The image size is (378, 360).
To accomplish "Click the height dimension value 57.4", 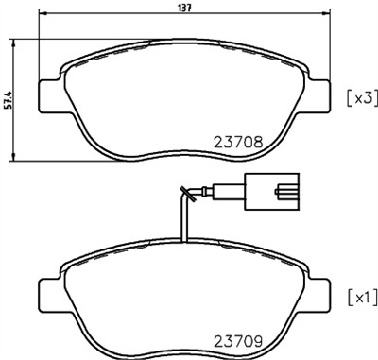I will (x=8, y=98).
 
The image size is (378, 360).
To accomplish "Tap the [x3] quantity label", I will (x=362, y=96).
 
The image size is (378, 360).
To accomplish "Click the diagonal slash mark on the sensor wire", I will (x=190, y=197).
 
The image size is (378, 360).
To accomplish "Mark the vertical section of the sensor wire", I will (x=182, y=217).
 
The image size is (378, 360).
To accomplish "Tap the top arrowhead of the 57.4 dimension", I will (x=16, y=43).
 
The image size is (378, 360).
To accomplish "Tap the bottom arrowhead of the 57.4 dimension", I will (x=16, y=156).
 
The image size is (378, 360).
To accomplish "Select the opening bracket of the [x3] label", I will (x=350, y=96).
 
